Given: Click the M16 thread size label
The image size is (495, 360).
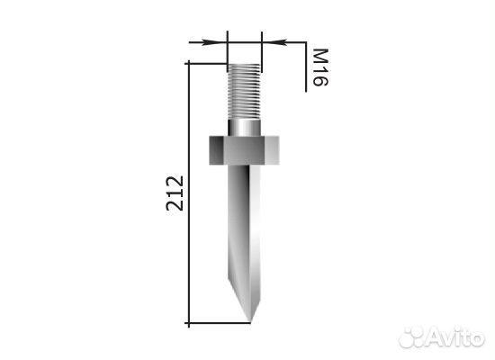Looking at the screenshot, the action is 320,67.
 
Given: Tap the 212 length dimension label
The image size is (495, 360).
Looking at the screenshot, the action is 175,193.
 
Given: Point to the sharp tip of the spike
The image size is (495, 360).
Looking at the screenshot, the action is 251,322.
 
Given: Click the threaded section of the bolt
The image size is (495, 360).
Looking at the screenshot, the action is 244,92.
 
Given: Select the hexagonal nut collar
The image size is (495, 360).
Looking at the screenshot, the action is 244,150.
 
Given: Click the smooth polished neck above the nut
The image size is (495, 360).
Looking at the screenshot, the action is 244,128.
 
